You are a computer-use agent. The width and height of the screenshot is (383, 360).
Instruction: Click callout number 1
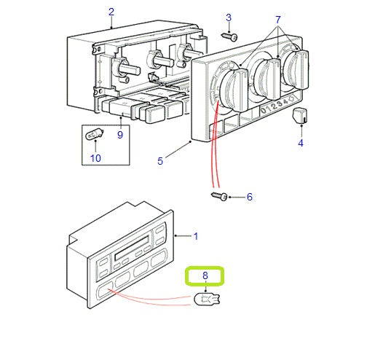coord(196,236)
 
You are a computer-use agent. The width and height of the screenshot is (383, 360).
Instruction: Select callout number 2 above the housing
coord(111,12)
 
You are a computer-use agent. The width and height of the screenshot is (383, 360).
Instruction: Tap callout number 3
coord(229,17)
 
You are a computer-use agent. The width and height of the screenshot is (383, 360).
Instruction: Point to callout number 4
coord(301,143)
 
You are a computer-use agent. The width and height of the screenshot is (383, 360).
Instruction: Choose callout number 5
coord(160,161)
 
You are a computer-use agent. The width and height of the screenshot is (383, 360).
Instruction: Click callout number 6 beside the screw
coord(250,197)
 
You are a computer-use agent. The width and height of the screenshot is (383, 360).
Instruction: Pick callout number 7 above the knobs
coord(278,20)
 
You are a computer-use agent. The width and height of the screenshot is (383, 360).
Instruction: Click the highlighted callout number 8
coord(205,275)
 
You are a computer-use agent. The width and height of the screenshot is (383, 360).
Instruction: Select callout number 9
coord(120,135)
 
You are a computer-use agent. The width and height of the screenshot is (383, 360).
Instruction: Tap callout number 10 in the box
coord(95,158)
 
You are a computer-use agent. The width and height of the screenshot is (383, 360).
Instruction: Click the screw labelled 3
coord(229,37)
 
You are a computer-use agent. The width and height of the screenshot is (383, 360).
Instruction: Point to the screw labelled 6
coord(219,196)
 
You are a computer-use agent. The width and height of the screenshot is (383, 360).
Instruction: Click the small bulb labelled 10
coord(94,135)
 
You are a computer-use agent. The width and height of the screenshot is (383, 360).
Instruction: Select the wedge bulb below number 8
coord(207,299)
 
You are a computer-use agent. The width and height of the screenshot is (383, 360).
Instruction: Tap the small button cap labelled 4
coord(300,116)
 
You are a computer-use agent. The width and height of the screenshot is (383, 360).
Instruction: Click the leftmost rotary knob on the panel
coord(234,90)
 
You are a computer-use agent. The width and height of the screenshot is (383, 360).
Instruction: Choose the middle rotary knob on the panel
coord(267,79)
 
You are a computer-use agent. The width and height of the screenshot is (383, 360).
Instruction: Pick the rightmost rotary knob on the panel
coord(296,69)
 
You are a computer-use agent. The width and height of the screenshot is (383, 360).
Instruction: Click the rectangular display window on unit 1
coord(132,248)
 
